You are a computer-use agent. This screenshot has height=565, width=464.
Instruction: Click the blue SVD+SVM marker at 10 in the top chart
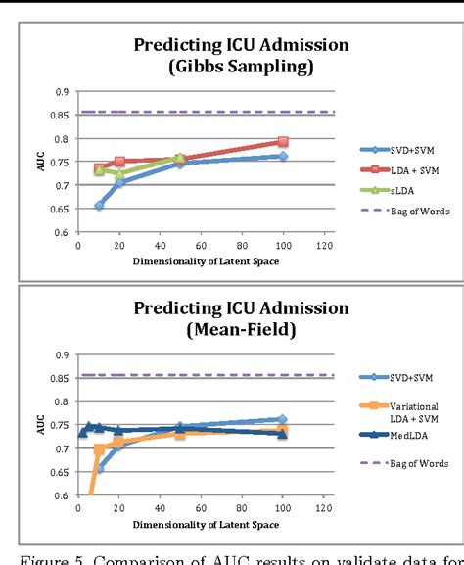coord(100,206)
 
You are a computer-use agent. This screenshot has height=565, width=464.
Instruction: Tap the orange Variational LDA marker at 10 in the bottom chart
coord(100,449)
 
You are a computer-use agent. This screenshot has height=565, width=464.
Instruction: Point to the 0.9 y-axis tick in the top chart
coord(62,91)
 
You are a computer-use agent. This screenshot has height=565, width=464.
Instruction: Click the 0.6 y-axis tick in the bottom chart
coord(62,495)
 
